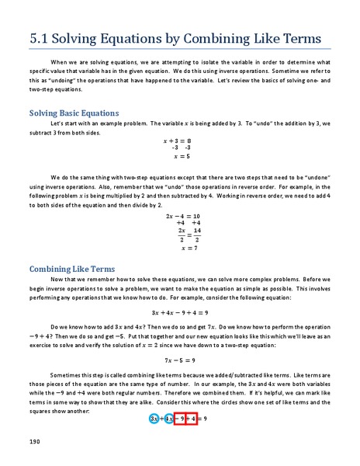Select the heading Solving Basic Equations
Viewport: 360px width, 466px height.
(x=74, y=113)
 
